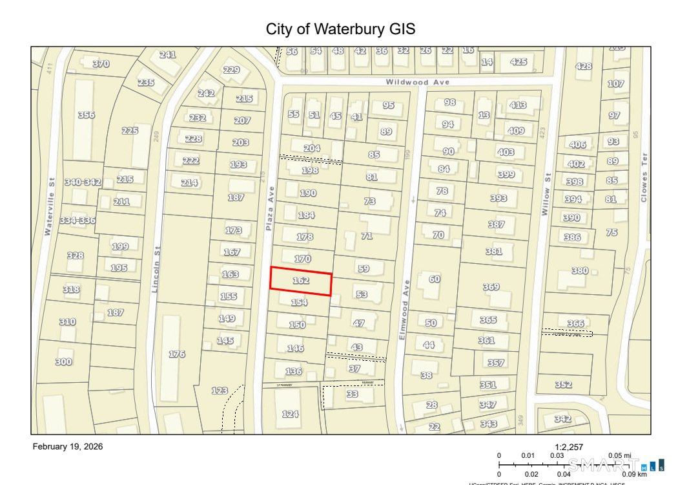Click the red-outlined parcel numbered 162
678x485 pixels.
point(301,281)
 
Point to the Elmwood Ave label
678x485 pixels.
point(405,310)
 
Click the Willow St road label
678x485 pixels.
point(547,194)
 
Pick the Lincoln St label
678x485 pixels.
point(156,269)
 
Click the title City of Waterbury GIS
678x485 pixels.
point(340,29)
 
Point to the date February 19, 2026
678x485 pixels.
point(68,447)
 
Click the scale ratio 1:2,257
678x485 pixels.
point(569,447)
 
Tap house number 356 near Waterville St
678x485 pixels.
point(86,115)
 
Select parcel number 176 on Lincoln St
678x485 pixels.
point(177,354)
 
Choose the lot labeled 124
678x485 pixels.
point(290,414)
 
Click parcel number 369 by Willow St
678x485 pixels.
point(491,286)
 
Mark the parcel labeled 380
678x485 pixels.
point(580,271)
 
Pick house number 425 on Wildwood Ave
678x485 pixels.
point(519,62)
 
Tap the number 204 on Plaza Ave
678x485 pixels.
point(312,148)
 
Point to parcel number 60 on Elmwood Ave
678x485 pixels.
point(434,279)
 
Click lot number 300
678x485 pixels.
point(63,362)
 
